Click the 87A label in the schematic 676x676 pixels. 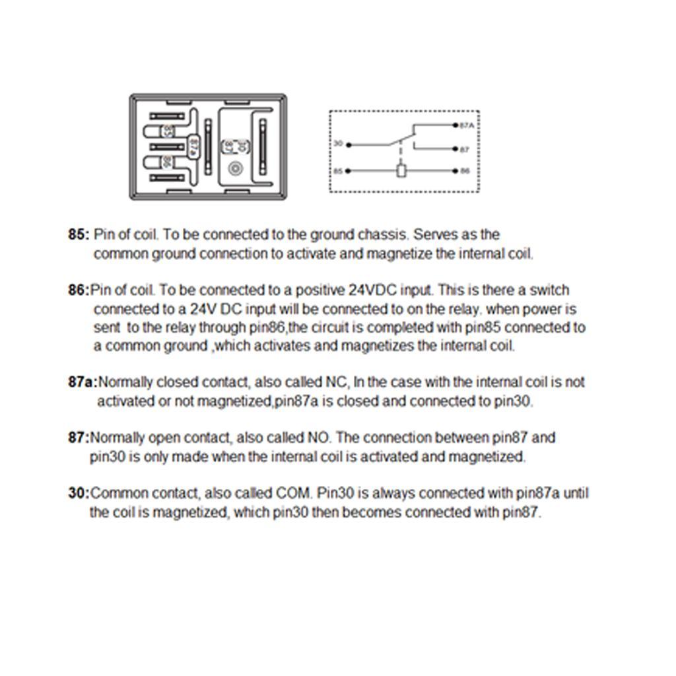click(x=466, y=125)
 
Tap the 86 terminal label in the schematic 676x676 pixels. click(x=465, y=171)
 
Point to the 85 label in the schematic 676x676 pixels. click(x=338, y=171)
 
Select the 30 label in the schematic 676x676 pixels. click(x=338, y=144)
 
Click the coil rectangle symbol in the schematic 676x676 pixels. click(x=401, y=171)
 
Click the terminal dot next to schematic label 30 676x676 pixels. click(x=349, y=145)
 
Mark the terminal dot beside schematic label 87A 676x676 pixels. click(x=456, y=125)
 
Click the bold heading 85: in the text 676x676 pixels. click(x=78, y=235)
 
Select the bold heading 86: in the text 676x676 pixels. click(x=78, y=290)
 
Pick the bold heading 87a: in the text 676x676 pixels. click(x=83, y=382)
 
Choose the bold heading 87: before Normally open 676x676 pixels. click(x=78, y=438)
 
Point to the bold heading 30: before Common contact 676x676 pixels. click(x=78, y=493)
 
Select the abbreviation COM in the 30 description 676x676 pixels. click(x=296, y=493)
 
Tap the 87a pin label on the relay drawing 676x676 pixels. click(x=193, y=145)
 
